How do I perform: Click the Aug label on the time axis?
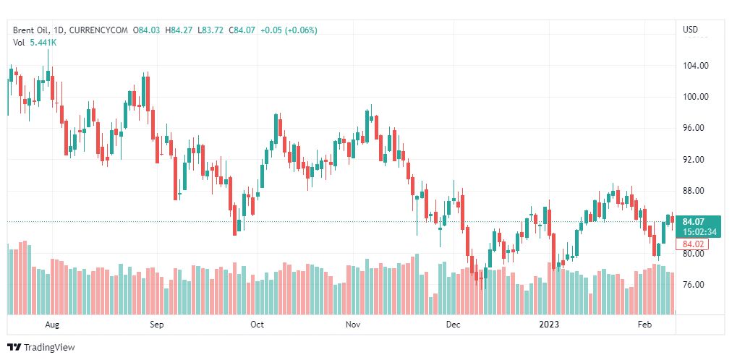click(51, 325)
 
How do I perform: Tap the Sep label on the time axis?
click(157, 325)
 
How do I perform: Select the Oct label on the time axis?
click(257, 325)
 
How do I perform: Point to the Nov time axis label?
click(353, 325)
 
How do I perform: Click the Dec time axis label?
click(453, 325)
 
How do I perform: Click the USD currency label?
click(690, 30)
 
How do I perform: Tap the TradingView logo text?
click(49, 348)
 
